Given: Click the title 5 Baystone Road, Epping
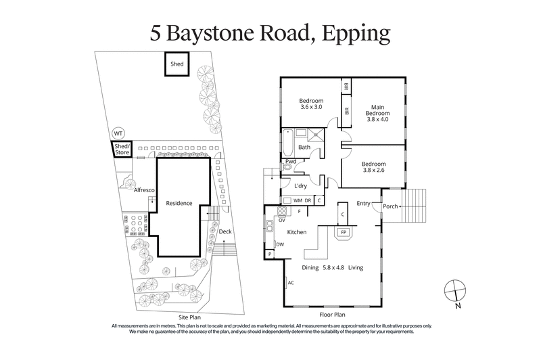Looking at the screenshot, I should coord(270,33).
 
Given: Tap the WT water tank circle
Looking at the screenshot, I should coord(119,133).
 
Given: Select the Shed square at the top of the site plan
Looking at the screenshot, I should coord(177,65).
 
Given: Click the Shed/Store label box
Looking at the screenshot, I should coord(121,150).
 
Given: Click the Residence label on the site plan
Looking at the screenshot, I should coord(180,203).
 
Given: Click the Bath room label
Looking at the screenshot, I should coord(304,147).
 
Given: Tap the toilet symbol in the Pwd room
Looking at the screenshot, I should coord(287,166).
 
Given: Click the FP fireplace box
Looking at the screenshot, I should coord(344,232).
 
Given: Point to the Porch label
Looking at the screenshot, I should coord(390,206).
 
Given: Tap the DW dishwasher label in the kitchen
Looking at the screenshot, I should coord(279,244).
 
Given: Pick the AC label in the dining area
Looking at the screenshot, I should coord(291,282).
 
